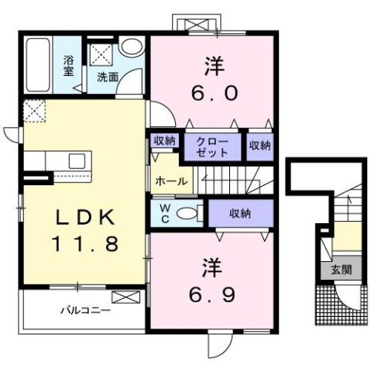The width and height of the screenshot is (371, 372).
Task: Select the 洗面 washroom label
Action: [106, 77]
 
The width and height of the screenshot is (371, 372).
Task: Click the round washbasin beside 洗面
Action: [132, 47]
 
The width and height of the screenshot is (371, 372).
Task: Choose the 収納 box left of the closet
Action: [164, 140]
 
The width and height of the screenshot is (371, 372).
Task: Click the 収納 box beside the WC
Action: [240, 212]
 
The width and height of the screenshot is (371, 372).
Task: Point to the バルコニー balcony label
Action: [86, 312]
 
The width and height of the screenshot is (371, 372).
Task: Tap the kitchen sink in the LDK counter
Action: [77, 161]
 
